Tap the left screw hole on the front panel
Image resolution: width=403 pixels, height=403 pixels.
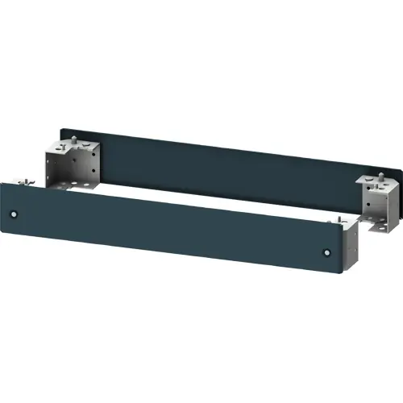pos(15,214)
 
